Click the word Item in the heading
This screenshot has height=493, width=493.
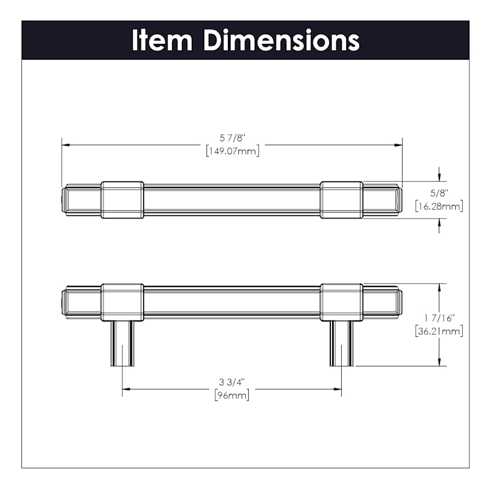162,40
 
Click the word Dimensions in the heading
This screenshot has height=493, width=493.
282,40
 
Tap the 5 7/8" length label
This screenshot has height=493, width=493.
232,138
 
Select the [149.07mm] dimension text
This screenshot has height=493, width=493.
233,151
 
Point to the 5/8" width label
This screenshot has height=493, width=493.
439,193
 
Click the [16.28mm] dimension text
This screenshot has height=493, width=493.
439,207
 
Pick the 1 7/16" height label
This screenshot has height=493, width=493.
439,318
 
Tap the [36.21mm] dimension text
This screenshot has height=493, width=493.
439,331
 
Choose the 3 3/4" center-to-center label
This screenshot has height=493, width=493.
232,382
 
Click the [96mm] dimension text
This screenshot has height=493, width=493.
232,395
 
